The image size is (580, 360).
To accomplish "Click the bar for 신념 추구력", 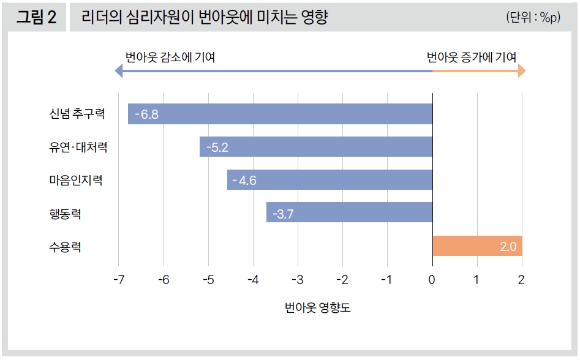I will (281, 114).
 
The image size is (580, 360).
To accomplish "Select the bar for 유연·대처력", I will (316, 147).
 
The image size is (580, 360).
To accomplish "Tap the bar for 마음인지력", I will (330, 180).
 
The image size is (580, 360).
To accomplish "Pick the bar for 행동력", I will (349, 212).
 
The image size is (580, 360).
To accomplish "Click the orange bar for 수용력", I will (477, 246).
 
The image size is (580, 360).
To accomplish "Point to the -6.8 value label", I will (147, 114).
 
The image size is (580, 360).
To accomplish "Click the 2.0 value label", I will (508, 246).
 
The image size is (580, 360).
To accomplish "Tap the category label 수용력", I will (66, 247).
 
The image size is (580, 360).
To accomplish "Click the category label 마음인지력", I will (76, 181).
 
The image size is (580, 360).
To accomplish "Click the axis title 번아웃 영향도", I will (317, 308).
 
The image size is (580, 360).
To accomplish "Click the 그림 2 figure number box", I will (36, 17).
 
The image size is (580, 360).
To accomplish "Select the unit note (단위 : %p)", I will (533, 18).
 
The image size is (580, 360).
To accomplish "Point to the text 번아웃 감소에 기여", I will (170, 58).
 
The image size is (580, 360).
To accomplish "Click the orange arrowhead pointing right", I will (521, 72).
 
